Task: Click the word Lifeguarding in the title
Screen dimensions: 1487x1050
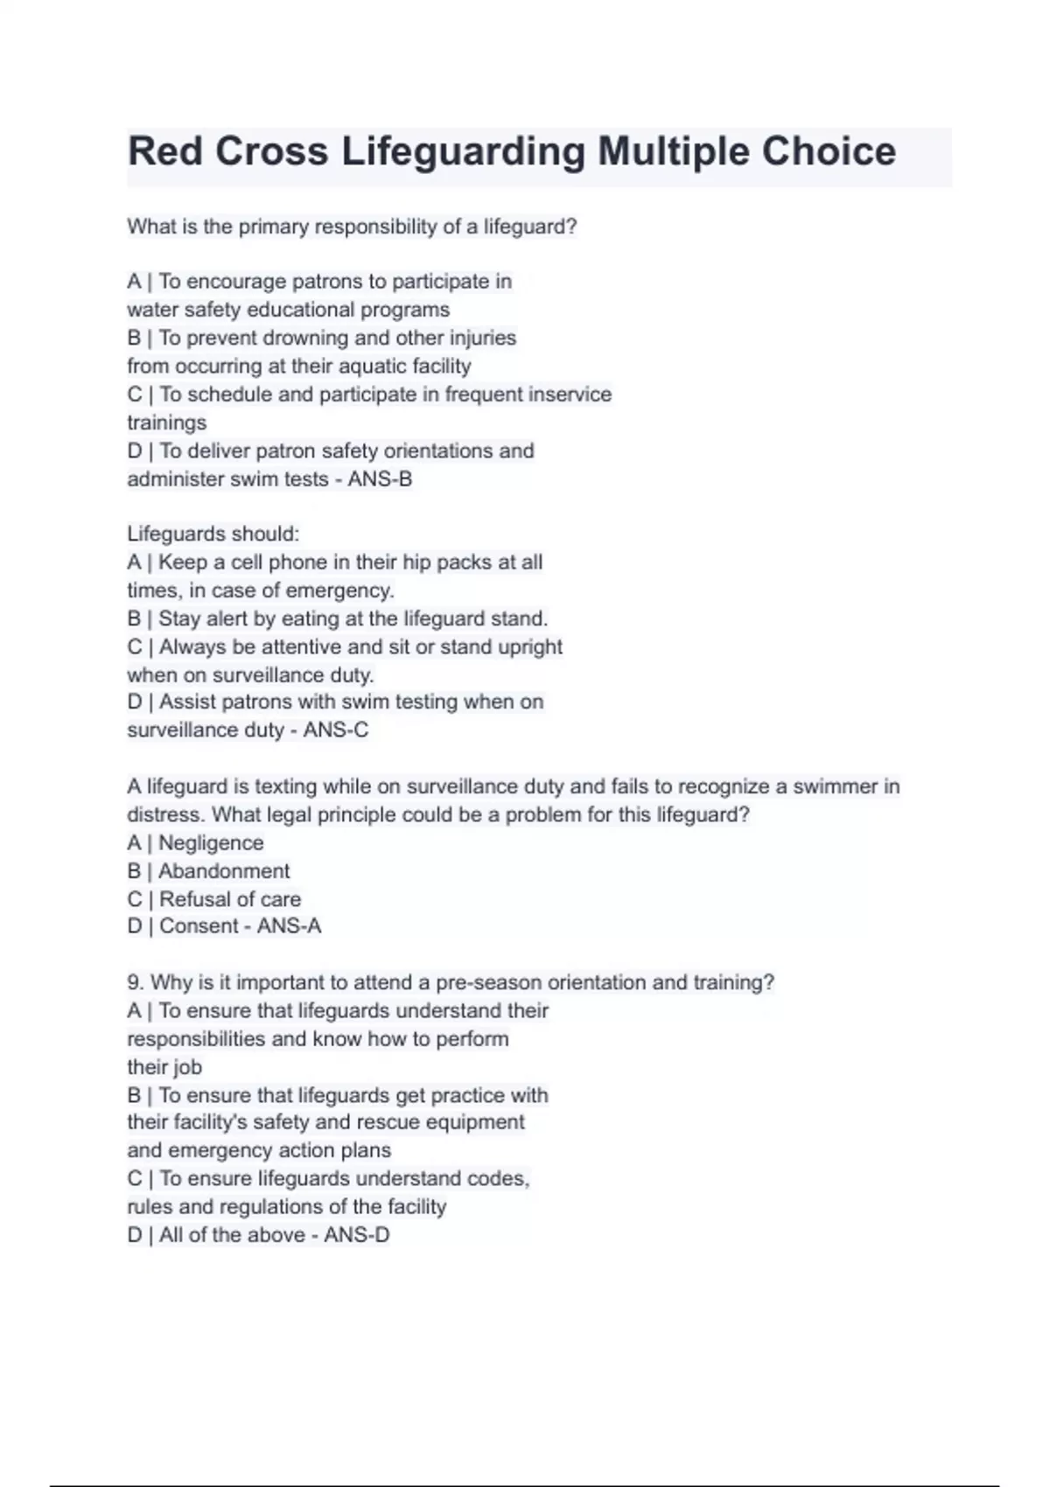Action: coord(463,151)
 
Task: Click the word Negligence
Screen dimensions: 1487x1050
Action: coord(211,843)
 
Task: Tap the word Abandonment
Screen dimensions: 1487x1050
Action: coord(224,871)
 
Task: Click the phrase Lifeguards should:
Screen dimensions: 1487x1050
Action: coord(213,534)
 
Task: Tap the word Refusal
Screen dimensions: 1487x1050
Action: coord(194,899)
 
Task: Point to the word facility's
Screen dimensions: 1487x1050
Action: coord(208,1122)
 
